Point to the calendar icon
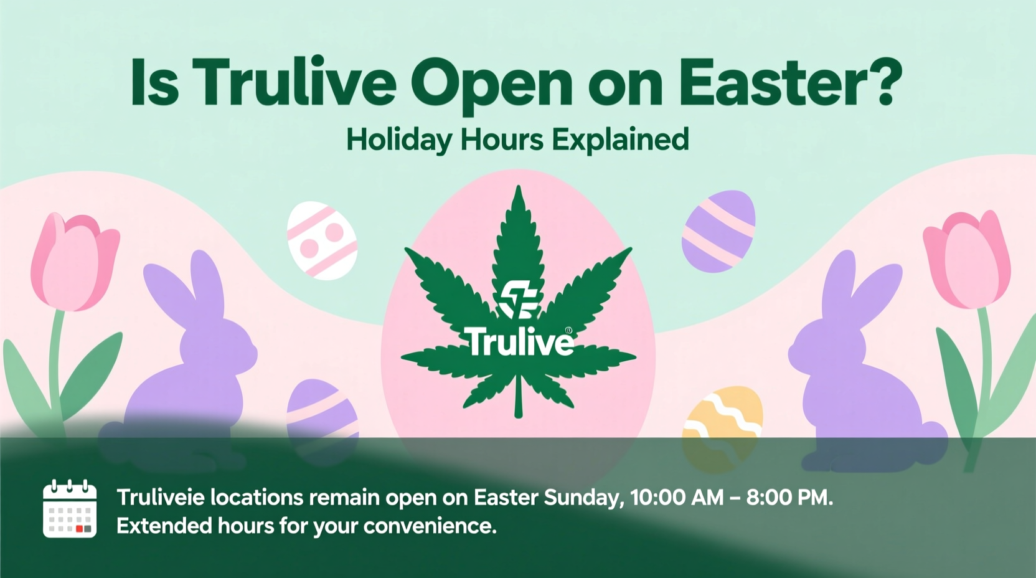tap(70, 509)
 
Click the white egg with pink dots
tap(321, 240)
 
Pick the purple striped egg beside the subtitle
tap(719, 231)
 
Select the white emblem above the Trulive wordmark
tap(519, 300)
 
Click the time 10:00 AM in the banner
tap(677, 498)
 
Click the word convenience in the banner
tap(430, 526)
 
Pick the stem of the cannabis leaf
tap(518, 399)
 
